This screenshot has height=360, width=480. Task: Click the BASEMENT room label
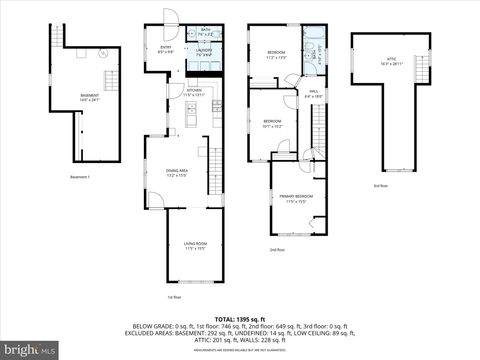coord(90,97)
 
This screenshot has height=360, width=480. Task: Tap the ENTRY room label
coord(166,49)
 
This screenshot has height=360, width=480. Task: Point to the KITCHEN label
coord(194,92)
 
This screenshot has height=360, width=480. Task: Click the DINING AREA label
coord(177,172)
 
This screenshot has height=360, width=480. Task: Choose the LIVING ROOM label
coord(194,245)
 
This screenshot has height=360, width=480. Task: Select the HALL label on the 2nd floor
coord(313,94)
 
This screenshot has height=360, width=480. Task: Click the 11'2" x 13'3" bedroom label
coord(277,55)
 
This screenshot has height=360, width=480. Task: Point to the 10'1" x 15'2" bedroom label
coord(272,125)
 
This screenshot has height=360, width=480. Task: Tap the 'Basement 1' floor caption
coord(80,177)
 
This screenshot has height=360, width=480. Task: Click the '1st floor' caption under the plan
coord(174,297)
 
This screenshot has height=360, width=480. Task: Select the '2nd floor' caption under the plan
coord(277,249)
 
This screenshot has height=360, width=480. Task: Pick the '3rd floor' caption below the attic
coord(380,186)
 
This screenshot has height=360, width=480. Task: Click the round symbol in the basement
coord(103,56)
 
